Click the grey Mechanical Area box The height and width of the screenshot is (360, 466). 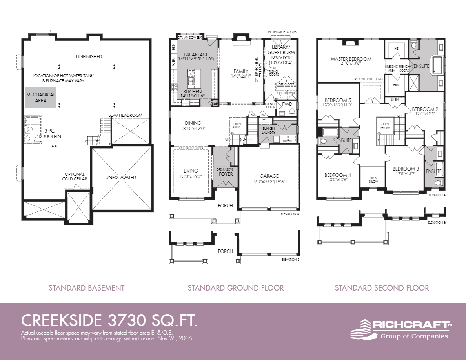[x=41, y=98]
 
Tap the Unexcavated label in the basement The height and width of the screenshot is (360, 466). [x=120, y=177]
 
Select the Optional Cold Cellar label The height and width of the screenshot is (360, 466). [x=75, y=176]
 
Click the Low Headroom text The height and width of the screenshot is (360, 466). [x=126, y=115]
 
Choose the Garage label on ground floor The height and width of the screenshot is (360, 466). [x=269, y=176]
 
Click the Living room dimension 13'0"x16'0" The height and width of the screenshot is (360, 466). [x=191, y=176]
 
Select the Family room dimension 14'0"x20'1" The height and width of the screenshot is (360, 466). [x=241, y=76]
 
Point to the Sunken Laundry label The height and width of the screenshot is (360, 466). [x=269, y=130]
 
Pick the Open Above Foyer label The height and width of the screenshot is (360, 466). [x=225, y=171]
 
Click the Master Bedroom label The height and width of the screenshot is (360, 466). [x=351, y=59]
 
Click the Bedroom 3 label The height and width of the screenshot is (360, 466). [x=406, y=169]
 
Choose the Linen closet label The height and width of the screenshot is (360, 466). [x=395, y=100]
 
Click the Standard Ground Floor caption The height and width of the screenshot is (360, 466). [x=235, y=288]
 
